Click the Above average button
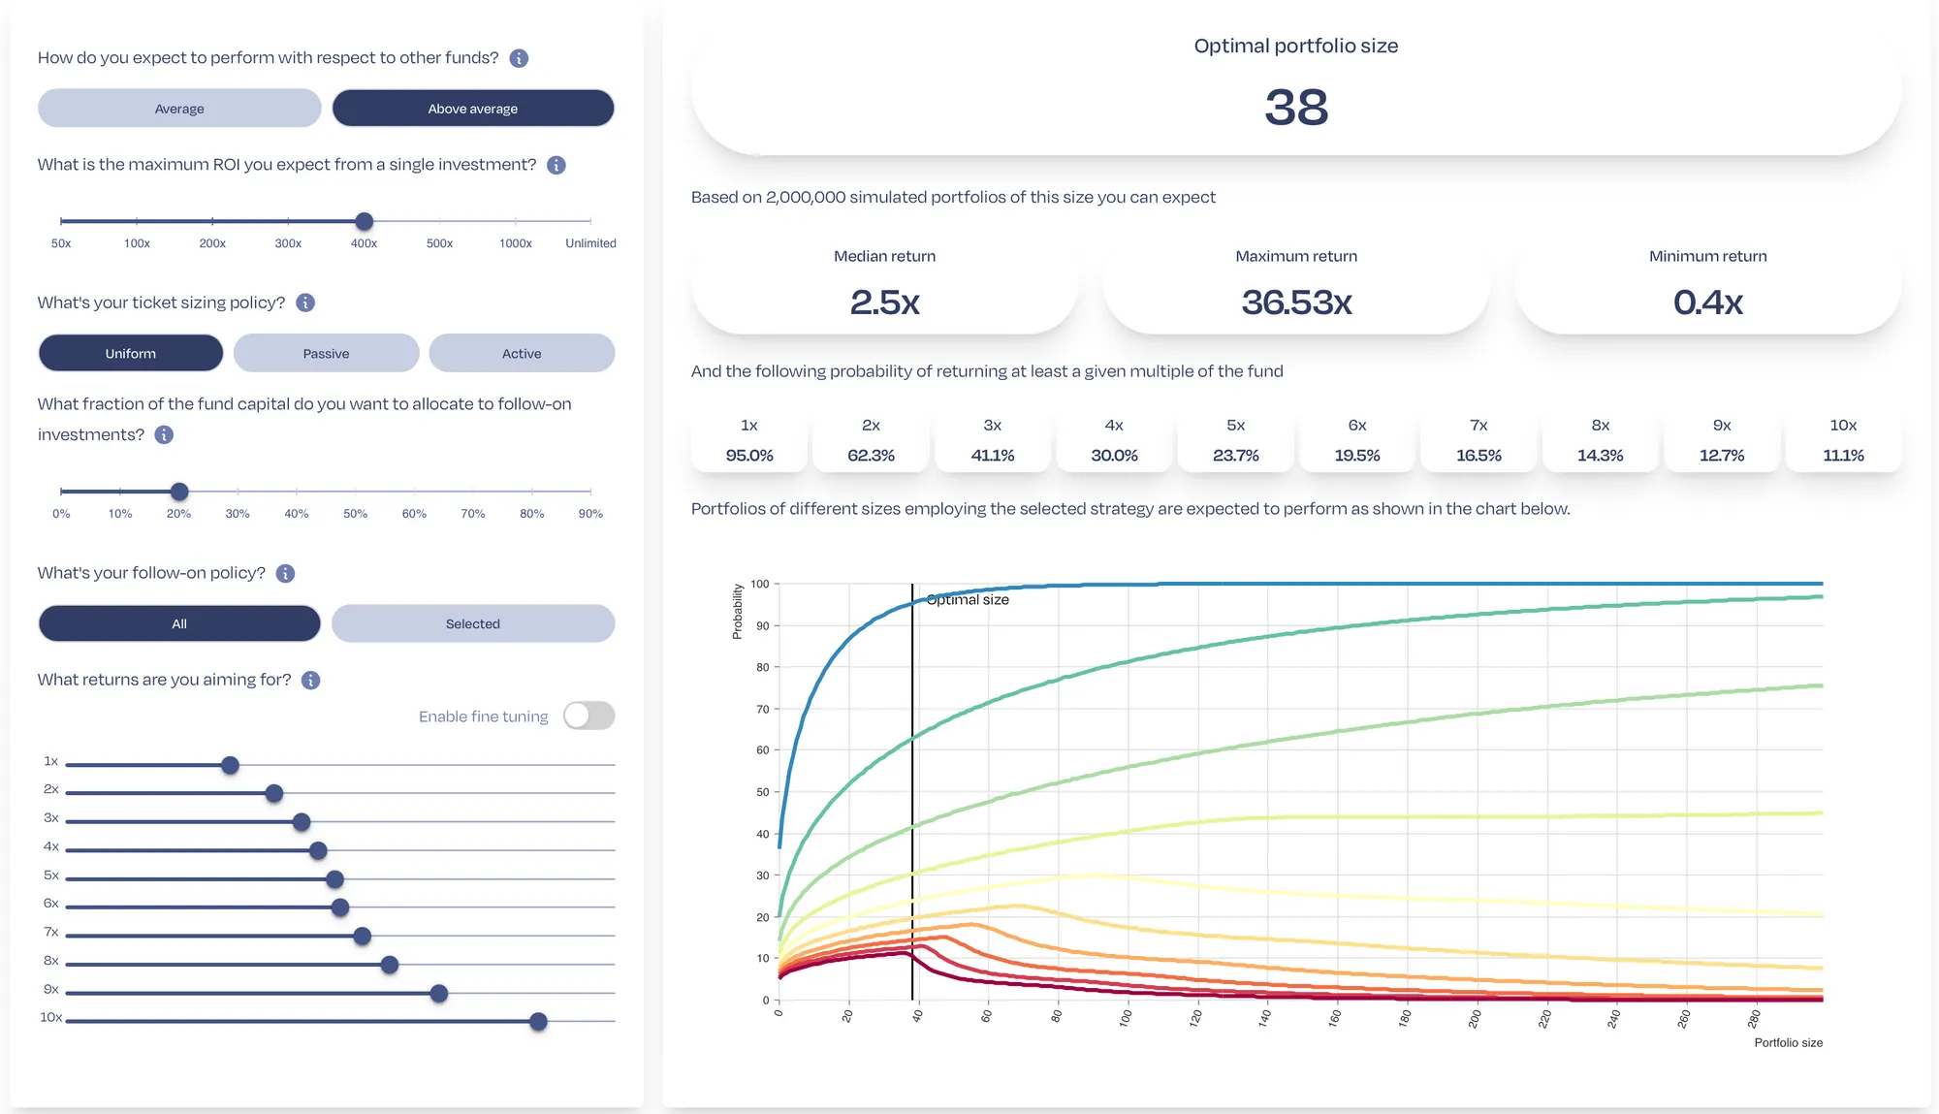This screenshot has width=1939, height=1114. pyautogui.click(x=473, y=109)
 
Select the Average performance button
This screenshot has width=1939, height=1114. pyautogui.click(x=179, y=109)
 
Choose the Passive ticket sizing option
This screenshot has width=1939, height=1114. pyautogui.click(x=326, y=353)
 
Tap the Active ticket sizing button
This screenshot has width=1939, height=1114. pyautogui.click(x=522, y=353)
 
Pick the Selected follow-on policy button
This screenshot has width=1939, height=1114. pyautogui.click(x=473, y=623)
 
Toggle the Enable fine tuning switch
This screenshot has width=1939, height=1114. pyautogui.click(x=588, y=716)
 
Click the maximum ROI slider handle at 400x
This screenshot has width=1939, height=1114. pyautogui.click(x=364, y=221)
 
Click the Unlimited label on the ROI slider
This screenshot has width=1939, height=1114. pyautogui.click(x=590, y=243)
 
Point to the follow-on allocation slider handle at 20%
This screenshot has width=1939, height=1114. pyautogui.click(x=178, y=492)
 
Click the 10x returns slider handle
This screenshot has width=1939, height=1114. pyautogui.click(x=538, y=1021)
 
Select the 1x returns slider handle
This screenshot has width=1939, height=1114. pyautogui.click(x=230, y=765)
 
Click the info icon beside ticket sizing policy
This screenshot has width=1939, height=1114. pyautogui.click(x=305, y=302)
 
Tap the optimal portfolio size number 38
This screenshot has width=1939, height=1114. pyautogui.click(x=1296, y=107)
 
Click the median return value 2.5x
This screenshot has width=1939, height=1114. pyautogui.click(x=884, y=302)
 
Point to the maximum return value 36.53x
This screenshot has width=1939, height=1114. pyautogui.click(x=1296, y=302)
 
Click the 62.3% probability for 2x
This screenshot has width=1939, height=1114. pyautogui.click(x=871, y=455)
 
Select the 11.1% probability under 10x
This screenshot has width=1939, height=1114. pyautogui.click(x=1843, y=455)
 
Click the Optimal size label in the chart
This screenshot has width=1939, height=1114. pyautogui.click(x=968, y=599)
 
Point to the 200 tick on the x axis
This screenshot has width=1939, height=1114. pyautogui.click(x=1475, y=1018)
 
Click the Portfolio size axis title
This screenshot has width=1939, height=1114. pyautogui.click(x=1788, y=1042)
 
